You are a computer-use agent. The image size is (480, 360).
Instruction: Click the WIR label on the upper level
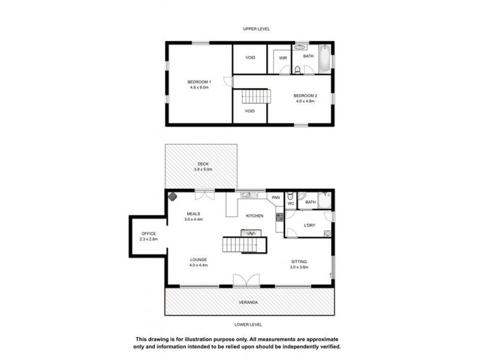283,58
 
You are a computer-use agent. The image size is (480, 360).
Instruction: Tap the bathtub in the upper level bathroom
325,58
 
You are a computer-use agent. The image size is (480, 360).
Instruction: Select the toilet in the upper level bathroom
298,70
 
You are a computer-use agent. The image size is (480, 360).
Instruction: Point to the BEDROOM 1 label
199,82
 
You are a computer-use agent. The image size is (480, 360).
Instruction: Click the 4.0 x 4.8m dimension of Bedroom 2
305,101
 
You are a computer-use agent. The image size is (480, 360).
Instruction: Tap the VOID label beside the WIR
251,58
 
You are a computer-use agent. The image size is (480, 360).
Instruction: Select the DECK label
203,164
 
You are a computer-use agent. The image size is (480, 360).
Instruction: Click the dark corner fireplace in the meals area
173,196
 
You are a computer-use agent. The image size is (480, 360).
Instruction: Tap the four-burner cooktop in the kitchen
279,217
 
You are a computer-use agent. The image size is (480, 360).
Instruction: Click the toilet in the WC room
290,196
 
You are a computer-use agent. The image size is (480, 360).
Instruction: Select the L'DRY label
310,225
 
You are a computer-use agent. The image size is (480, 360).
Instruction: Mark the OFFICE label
148,233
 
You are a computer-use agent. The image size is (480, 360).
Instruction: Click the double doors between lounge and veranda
247,281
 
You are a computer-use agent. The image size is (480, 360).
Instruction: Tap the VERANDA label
249,302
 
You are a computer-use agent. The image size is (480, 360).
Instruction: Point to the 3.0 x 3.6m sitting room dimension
299,267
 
